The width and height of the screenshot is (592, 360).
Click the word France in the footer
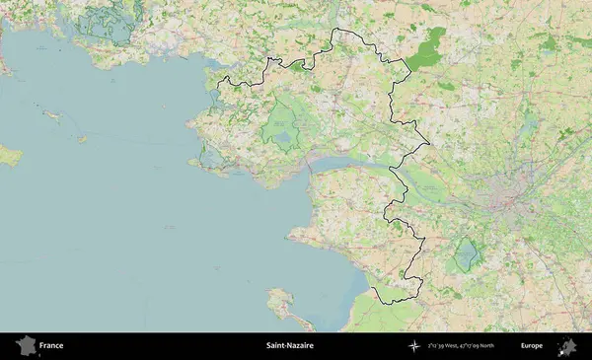[52, 346]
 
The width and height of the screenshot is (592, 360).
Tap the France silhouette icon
[26, 346]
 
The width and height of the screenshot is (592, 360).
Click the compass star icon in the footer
[414, 346]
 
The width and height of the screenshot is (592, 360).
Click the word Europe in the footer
[532, 346]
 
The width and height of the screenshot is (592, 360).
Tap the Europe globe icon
[567, 346]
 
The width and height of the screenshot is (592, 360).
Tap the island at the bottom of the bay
[282, 299]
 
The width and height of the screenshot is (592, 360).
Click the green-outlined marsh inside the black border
[282, 128]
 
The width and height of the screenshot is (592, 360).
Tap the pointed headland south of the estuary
[290, 236]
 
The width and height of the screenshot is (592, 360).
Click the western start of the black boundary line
[219, 79]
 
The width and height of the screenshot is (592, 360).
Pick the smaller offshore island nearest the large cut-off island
[52, 116]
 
